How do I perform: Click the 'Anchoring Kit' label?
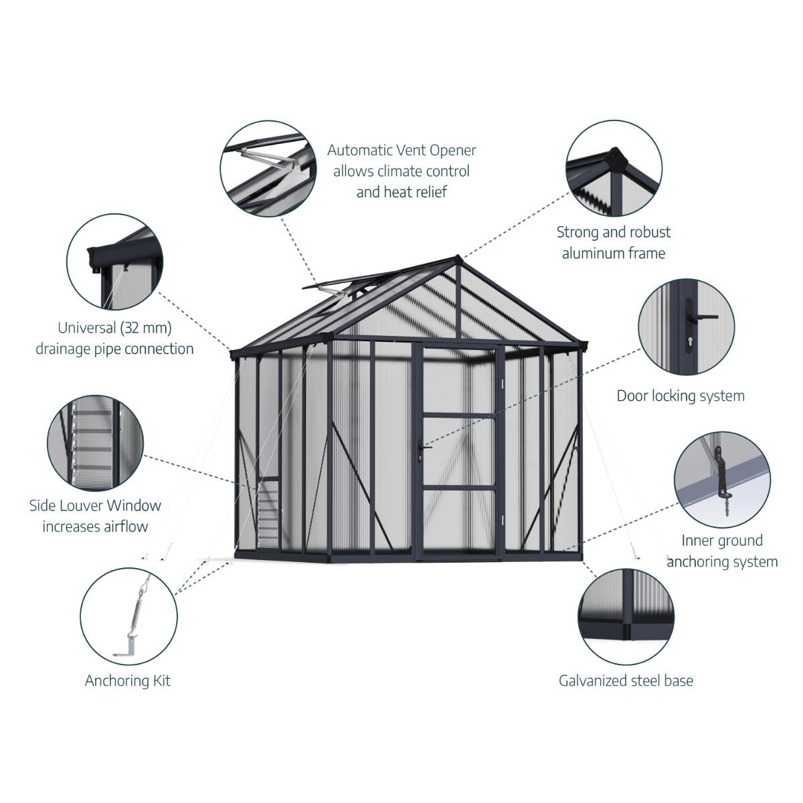(x=128, y=681)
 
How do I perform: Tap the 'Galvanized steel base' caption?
(x=626, y=681)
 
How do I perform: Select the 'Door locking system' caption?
(x=681, y=395)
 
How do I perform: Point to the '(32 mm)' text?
(x=146, y=328)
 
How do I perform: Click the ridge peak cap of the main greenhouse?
(x=458, y=259)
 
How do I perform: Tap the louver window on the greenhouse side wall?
(x=268, y=514)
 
